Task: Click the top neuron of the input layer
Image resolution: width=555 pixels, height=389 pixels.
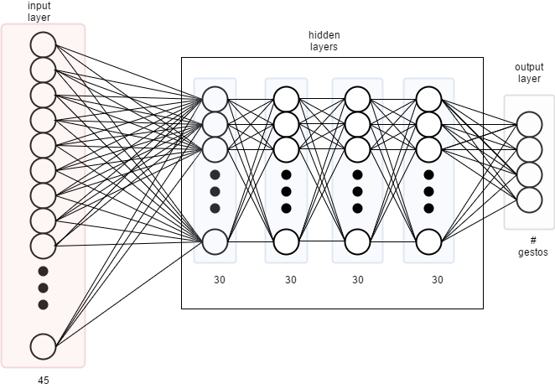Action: (43, 44)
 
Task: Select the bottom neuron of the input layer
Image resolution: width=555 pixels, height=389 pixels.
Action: (43, 345)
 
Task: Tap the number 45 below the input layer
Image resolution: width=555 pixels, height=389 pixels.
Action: (44, 380)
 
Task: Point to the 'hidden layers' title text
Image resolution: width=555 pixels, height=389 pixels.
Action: (324, 41)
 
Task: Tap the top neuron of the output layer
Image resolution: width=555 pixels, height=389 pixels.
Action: (529, 124)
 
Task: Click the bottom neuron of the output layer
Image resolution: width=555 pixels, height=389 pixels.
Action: (529, 200)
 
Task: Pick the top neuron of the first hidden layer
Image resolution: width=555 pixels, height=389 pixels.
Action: (215, 99)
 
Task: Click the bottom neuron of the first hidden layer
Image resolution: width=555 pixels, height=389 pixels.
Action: (215, 241)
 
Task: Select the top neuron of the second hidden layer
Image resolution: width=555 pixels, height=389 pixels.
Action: (286, 99)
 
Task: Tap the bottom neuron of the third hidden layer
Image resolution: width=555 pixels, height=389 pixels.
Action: (357, 241)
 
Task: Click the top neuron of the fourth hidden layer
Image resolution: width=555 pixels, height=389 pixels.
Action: (428, 99)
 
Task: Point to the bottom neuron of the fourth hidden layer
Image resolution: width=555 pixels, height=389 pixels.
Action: (428, 241)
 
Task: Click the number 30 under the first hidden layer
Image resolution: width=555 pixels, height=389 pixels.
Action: (219, 279)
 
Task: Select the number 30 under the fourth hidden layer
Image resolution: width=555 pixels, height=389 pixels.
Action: (437, 279)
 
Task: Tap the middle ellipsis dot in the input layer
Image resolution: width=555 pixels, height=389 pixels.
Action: (44, 288)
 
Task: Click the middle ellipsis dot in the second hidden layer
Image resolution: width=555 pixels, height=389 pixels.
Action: (286, 191)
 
